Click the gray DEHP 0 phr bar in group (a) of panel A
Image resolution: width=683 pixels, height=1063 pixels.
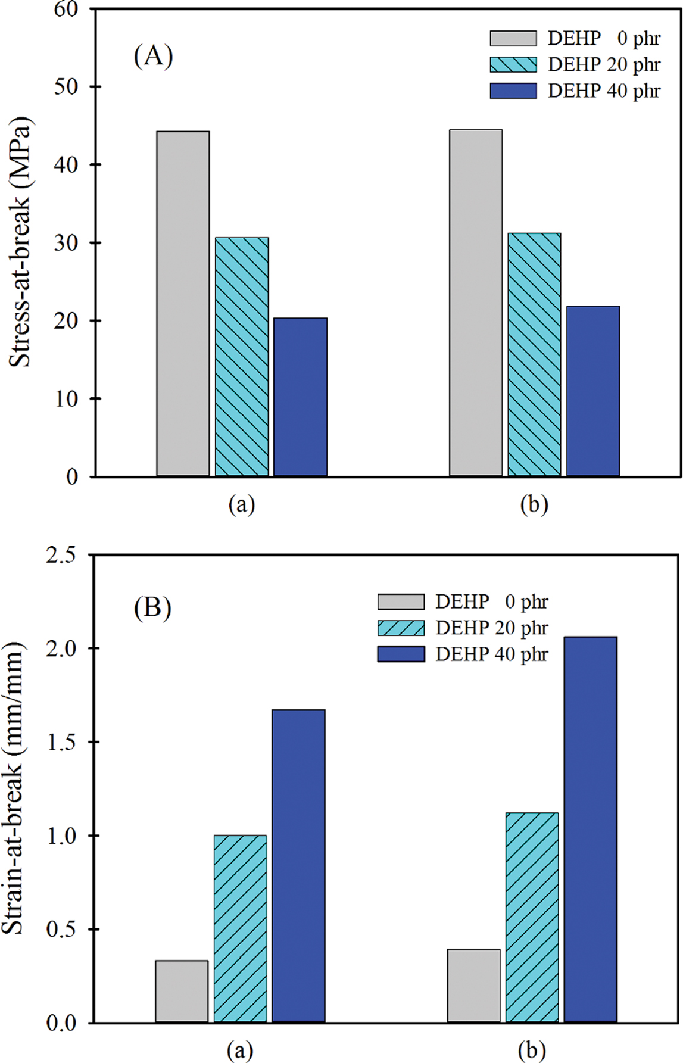pos(183,304)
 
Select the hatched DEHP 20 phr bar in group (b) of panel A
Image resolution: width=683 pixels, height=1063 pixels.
pos(534,355)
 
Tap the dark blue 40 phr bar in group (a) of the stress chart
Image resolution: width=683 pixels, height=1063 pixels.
pos(300,397)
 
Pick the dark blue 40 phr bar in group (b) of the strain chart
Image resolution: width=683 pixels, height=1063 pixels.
pos(591,830)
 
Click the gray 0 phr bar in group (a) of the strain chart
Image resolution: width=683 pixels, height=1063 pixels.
pos(182,992)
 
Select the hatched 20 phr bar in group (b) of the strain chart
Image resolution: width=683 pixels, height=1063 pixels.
pos(532,918)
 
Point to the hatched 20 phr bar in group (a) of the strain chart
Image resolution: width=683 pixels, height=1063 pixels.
pos(240,929)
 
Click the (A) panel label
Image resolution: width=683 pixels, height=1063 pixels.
pos(153,56)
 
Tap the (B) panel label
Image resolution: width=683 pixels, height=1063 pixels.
pos(152,609)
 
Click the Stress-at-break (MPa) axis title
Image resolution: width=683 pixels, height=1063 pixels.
pos(20,241)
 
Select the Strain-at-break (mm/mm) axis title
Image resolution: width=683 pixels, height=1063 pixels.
pos(13,789)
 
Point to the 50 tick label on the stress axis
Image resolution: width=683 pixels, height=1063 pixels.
pos(66,87)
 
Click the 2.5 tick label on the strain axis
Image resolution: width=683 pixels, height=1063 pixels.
pos(62,555)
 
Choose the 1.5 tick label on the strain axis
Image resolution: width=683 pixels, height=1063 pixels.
pos(62,742)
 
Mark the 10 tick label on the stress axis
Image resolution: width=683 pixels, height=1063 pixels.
pos(66,399)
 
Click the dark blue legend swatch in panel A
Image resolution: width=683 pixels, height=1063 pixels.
pos(513,91)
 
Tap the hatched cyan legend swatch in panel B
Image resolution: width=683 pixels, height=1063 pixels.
pos(401,628)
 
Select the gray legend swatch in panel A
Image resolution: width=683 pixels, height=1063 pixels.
pos(513,38)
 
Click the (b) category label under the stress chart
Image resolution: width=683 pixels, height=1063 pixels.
pos(534,504)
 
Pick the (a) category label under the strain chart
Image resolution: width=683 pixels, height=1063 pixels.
pos(240,1051)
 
